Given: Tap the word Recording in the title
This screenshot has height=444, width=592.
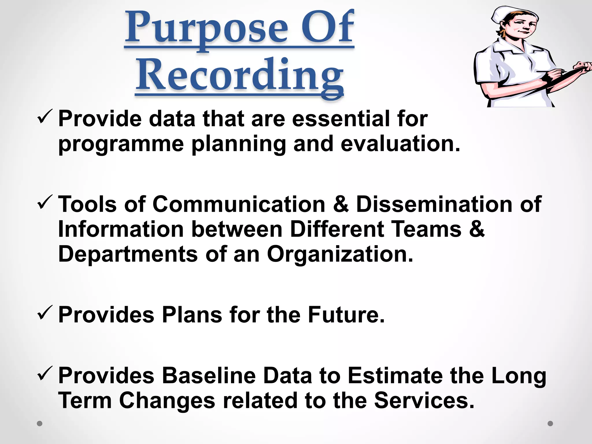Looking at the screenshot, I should click(x=240, y=77).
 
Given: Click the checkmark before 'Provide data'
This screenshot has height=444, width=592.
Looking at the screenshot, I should click(x=45, y=117).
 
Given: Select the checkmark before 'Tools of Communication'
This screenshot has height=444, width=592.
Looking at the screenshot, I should click(x=45, y=202).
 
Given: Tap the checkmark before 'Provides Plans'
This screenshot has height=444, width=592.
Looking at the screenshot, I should click(x=45, y=313).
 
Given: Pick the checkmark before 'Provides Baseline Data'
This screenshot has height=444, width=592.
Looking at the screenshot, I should click(x=45, y=373).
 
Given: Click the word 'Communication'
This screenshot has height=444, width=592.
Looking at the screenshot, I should click(x=239, y=204).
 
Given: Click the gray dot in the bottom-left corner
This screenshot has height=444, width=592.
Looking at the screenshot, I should click(x=40, y=424).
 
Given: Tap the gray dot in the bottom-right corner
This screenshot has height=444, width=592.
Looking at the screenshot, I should click(x=550, y=423).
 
